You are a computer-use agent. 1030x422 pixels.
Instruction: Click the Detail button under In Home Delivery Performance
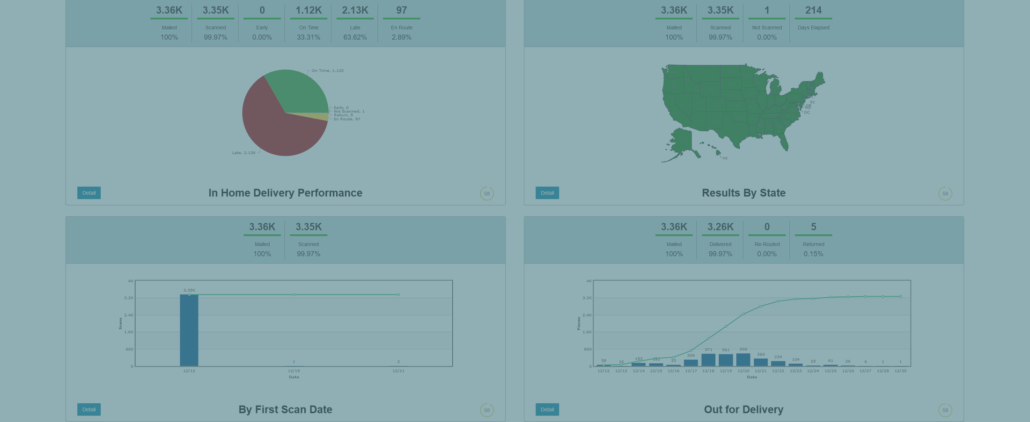[89, 193]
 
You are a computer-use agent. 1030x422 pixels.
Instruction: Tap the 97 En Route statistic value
[401, 10]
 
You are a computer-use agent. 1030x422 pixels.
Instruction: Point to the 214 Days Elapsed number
[813, 10]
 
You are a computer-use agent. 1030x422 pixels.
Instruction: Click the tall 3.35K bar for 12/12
[189, 330]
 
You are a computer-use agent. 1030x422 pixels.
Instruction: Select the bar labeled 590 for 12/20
[743, 360]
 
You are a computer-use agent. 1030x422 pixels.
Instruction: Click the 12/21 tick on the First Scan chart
[398, 371]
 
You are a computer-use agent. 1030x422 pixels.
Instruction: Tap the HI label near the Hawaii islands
[725, 158]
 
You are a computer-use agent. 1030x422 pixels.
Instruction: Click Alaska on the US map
[681, 141]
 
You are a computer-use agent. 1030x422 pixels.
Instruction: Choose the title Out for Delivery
[743, 409]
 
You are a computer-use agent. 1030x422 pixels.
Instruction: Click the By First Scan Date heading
[285, 409]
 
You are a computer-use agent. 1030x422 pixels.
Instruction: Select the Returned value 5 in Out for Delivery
[813, 227]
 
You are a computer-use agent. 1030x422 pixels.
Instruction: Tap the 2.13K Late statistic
[355, 10]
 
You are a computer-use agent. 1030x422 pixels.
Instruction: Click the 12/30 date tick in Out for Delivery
[900, 371]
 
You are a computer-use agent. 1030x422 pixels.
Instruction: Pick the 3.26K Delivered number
[720, 227]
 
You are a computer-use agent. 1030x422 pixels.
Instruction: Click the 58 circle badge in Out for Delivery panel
[945, 410]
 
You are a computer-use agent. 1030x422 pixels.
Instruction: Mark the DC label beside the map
[807, 113]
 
